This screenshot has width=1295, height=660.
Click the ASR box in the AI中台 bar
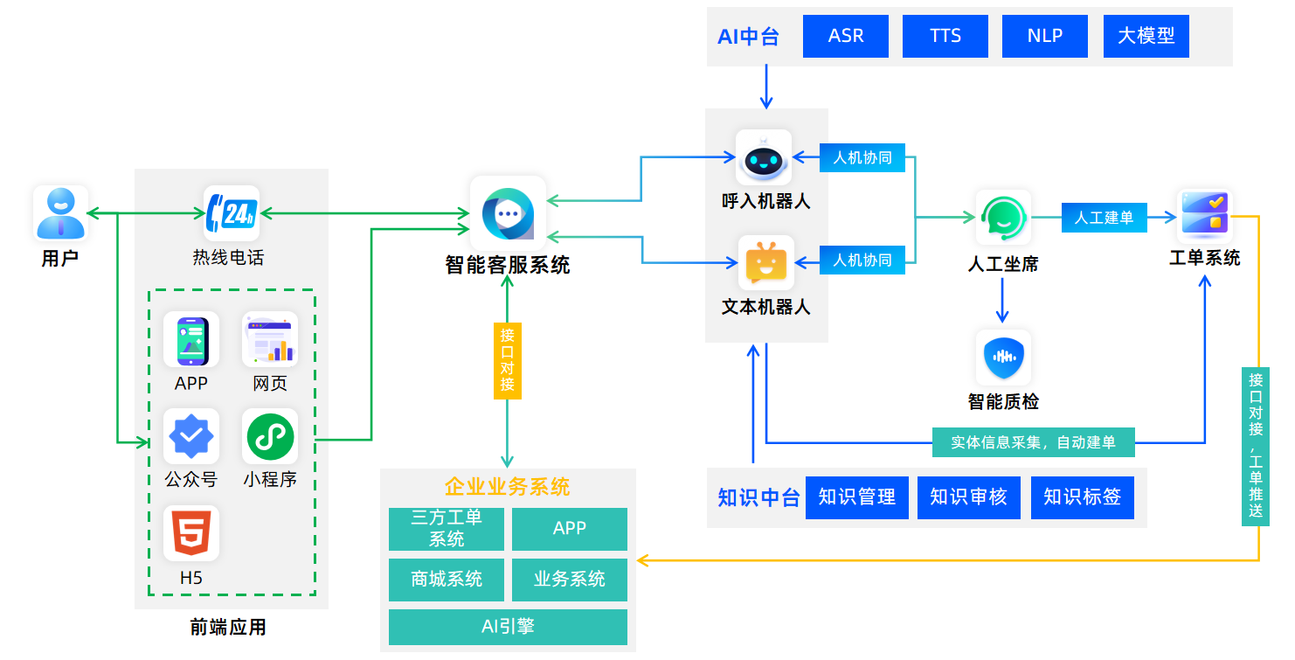pos(845,36)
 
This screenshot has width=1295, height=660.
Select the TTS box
pos(945,36)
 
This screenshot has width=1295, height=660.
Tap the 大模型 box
pos(1146,36)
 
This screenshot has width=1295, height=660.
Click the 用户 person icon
pos(60,212)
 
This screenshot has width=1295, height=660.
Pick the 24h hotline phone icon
pos(232,212)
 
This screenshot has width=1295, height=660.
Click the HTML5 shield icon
pos(191,532)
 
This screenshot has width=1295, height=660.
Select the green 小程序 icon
pos(270,437)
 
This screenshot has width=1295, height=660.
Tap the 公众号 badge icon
pos(191,437)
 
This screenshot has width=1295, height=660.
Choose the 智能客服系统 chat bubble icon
pos(508,212)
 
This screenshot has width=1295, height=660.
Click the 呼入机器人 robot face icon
pos(764,158)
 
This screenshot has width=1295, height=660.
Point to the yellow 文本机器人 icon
pos(766,262)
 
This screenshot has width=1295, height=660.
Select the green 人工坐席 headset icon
pos(1003,217)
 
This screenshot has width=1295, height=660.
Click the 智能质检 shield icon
pos(1003,357)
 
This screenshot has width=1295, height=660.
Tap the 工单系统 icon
pos(1204,215)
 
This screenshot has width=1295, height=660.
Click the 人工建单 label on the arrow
pos(1104,218)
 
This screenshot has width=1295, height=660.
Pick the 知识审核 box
pos(968,497)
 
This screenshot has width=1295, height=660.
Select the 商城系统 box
pos(447,580)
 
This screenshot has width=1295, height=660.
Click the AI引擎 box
pos(508,627)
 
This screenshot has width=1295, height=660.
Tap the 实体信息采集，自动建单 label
pos(1033,442)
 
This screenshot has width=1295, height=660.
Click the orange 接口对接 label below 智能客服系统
pos(508,359)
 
